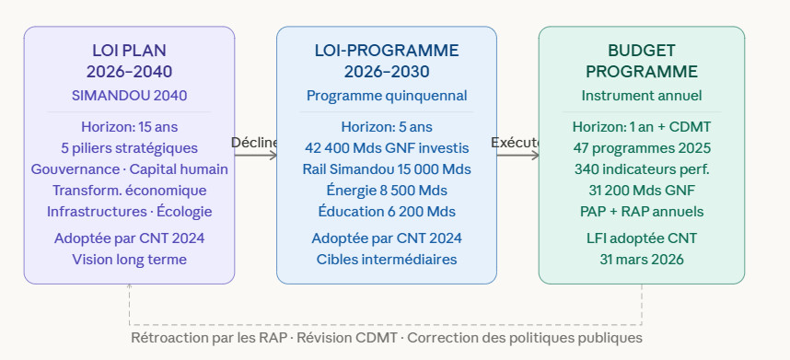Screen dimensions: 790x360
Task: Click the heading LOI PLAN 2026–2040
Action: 129,61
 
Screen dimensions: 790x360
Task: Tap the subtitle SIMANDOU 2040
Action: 130,96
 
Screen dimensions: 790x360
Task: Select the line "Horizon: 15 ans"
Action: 130,127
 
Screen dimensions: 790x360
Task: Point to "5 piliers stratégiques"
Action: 130,148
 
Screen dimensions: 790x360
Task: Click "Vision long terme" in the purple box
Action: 130,260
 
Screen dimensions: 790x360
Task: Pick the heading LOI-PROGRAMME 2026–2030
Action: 387,61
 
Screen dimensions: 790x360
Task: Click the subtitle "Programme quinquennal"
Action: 387,96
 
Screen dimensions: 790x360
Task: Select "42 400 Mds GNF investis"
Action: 387,148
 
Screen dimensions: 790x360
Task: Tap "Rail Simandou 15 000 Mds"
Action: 387,169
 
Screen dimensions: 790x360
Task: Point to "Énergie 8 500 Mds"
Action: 387,191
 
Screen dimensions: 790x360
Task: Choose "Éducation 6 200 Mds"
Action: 387,212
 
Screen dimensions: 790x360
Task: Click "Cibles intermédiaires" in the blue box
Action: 387,260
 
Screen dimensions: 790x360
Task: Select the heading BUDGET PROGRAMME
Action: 642,61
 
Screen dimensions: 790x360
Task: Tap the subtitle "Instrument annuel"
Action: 642,96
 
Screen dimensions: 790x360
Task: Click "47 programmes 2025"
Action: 642,148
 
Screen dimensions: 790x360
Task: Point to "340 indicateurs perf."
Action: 642,169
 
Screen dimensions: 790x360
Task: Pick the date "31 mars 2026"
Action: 642,260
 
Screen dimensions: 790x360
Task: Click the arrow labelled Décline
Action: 256,155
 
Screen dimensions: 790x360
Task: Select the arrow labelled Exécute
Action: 518,155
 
